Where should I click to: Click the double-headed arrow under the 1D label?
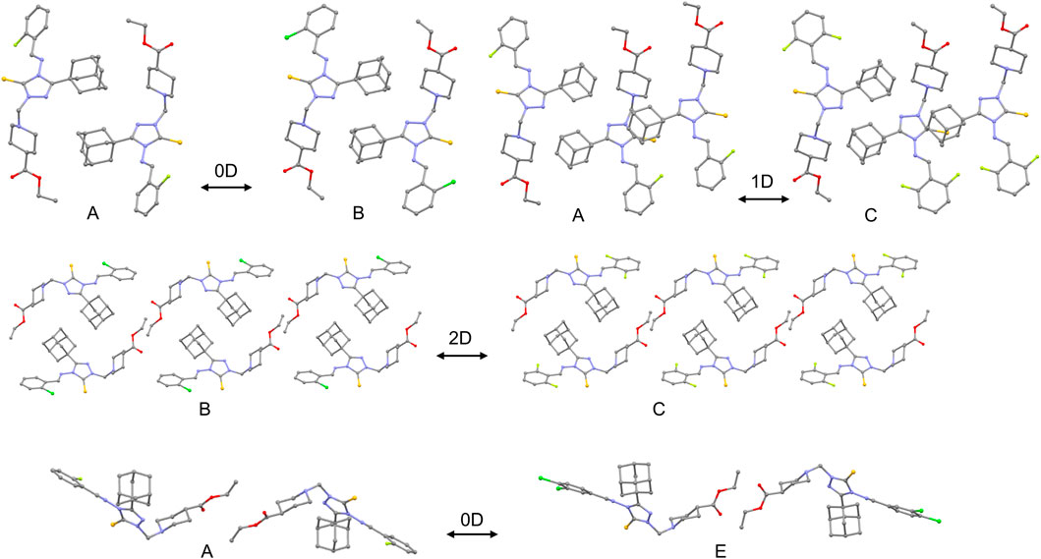(x=763, y=200)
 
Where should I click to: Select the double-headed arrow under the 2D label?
(x=461, y=357)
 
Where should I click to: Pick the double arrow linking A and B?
(x=226, y=187)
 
